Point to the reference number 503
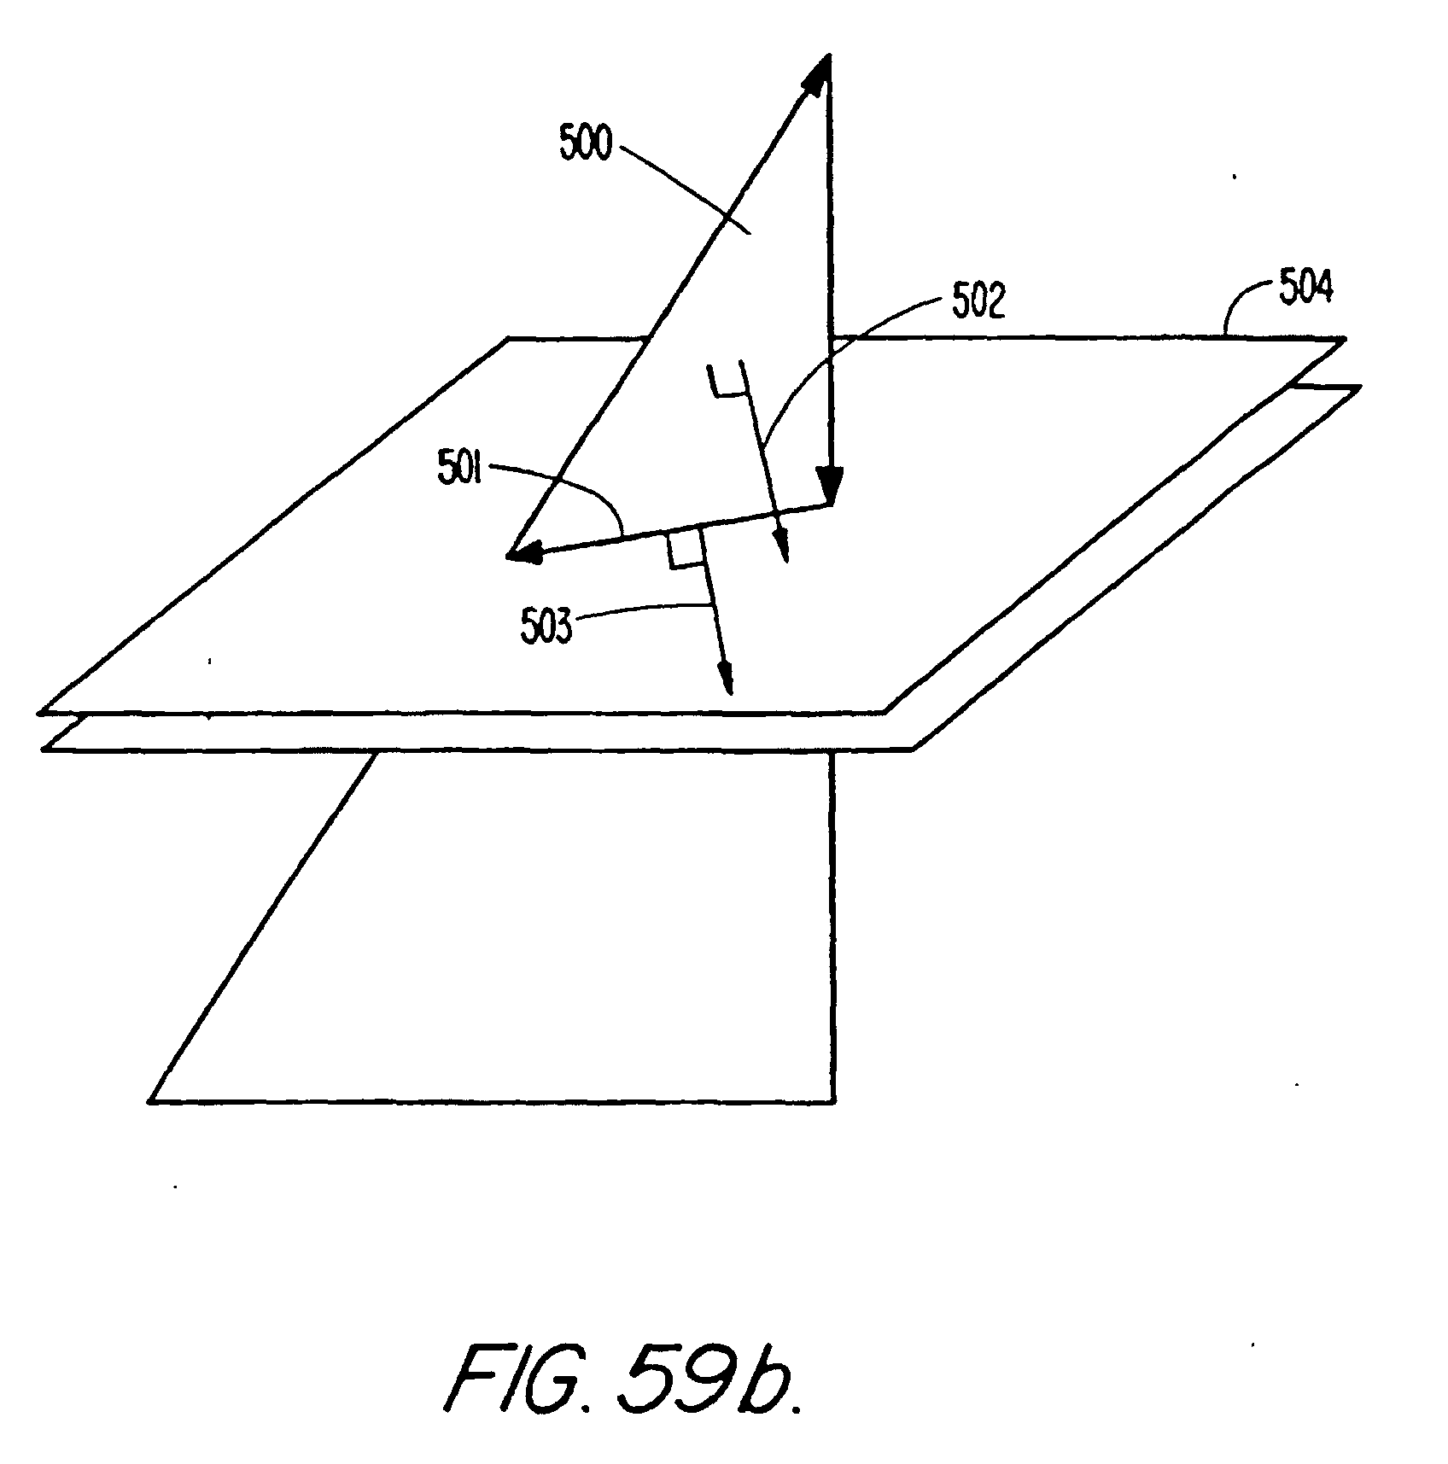pos(545,627)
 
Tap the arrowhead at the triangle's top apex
pos(819,72)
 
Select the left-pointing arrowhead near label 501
pos(524,553)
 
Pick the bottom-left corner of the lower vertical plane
pos(151,1102)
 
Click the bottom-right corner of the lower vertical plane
pos(832,1102)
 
